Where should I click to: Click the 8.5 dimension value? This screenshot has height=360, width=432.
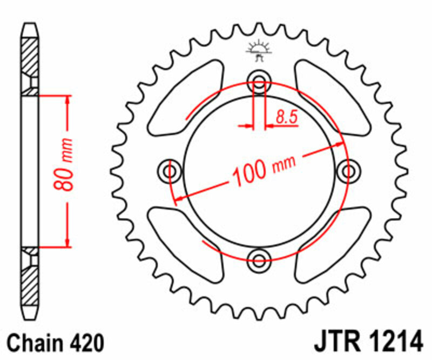click(287, 117)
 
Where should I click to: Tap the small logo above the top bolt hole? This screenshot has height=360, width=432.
click(258, 50)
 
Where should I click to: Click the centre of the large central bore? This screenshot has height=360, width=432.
click(259, 171)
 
